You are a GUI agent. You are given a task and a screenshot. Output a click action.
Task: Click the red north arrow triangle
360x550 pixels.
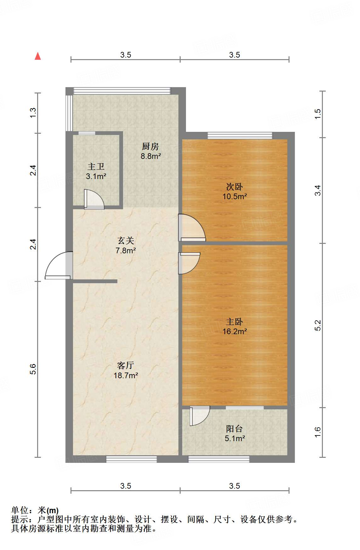pos(38,56)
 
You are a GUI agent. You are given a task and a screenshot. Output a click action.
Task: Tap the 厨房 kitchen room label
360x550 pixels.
pos(150,146)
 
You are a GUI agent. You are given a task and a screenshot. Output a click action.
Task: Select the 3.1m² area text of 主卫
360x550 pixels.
pos(96,177)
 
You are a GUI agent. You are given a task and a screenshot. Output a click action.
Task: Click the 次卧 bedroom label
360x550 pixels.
pos(234,187)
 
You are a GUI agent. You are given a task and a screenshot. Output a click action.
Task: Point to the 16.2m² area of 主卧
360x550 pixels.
pos(234,331)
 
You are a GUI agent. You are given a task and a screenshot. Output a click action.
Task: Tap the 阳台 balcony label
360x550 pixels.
pos(234,429)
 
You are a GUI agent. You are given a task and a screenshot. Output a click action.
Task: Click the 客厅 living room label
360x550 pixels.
pos(126,365)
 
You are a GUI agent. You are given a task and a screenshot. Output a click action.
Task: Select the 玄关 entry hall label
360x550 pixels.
pos(126,241)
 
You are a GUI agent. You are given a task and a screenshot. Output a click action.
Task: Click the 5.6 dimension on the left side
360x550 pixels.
pos(33,369)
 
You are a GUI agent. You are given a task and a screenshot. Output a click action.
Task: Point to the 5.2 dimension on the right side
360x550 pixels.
pos(318,325)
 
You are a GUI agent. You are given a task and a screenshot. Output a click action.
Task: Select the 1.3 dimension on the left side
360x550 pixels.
pos(33,113)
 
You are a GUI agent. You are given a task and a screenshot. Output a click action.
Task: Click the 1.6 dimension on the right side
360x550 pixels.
pos(318,432)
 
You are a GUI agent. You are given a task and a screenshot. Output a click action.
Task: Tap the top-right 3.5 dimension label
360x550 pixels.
pos(234,55)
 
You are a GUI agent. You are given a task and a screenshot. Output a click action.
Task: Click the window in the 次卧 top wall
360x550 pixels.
pos(240,136)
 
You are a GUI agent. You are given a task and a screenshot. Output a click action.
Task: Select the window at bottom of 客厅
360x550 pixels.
pos(131,459)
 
